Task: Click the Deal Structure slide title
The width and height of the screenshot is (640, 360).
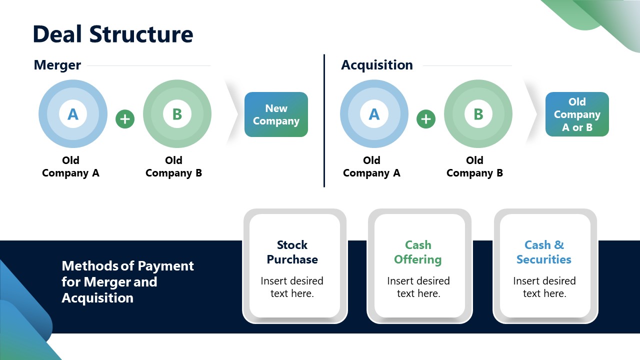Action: [x=112, y=34]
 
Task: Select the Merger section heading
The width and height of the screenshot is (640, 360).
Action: [x=57, y=65]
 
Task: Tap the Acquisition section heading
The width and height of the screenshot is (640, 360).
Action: [x=376, y=65]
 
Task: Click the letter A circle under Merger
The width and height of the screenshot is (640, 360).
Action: [x=73, y=114]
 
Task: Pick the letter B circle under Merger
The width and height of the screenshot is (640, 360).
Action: [x=177, y=114]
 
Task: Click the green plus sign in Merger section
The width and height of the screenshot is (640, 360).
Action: [x=125, y=119]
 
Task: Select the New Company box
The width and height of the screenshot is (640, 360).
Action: [x=276, y=114]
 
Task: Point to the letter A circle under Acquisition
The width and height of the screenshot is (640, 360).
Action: [x=374, y=114]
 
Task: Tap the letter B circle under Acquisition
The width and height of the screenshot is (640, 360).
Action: [x=478, y=114]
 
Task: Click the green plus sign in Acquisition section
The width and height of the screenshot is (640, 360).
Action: [x=426, y=119]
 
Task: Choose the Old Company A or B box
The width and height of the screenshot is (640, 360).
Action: [x=577, y=114]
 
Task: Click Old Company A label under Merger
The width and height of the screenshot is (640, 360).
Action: [x=70, y=167]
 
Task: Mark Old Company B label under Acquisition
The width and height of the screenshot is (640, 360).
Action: [x=474, y=167]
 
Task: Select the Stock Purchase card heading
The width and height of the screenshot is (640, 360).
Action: [x=292, y=252]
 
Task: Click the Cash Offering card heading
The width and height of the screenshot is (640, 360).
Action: [x=418, y=252]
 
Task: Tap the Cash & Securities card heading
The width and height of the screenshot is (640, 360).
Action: [x=544, y=252]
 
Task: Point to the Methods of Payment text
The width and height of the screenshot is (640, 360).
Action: [x=127, y=281]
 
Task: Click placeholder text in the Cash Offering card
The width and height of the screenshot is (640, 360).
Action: [x=418, y=287]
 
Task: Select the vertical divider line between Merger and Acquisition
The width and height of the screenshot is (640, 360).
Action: [x=324, y=120]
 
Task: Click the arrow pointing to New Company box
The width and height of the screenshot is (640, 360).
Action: [x=232, y=114]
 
